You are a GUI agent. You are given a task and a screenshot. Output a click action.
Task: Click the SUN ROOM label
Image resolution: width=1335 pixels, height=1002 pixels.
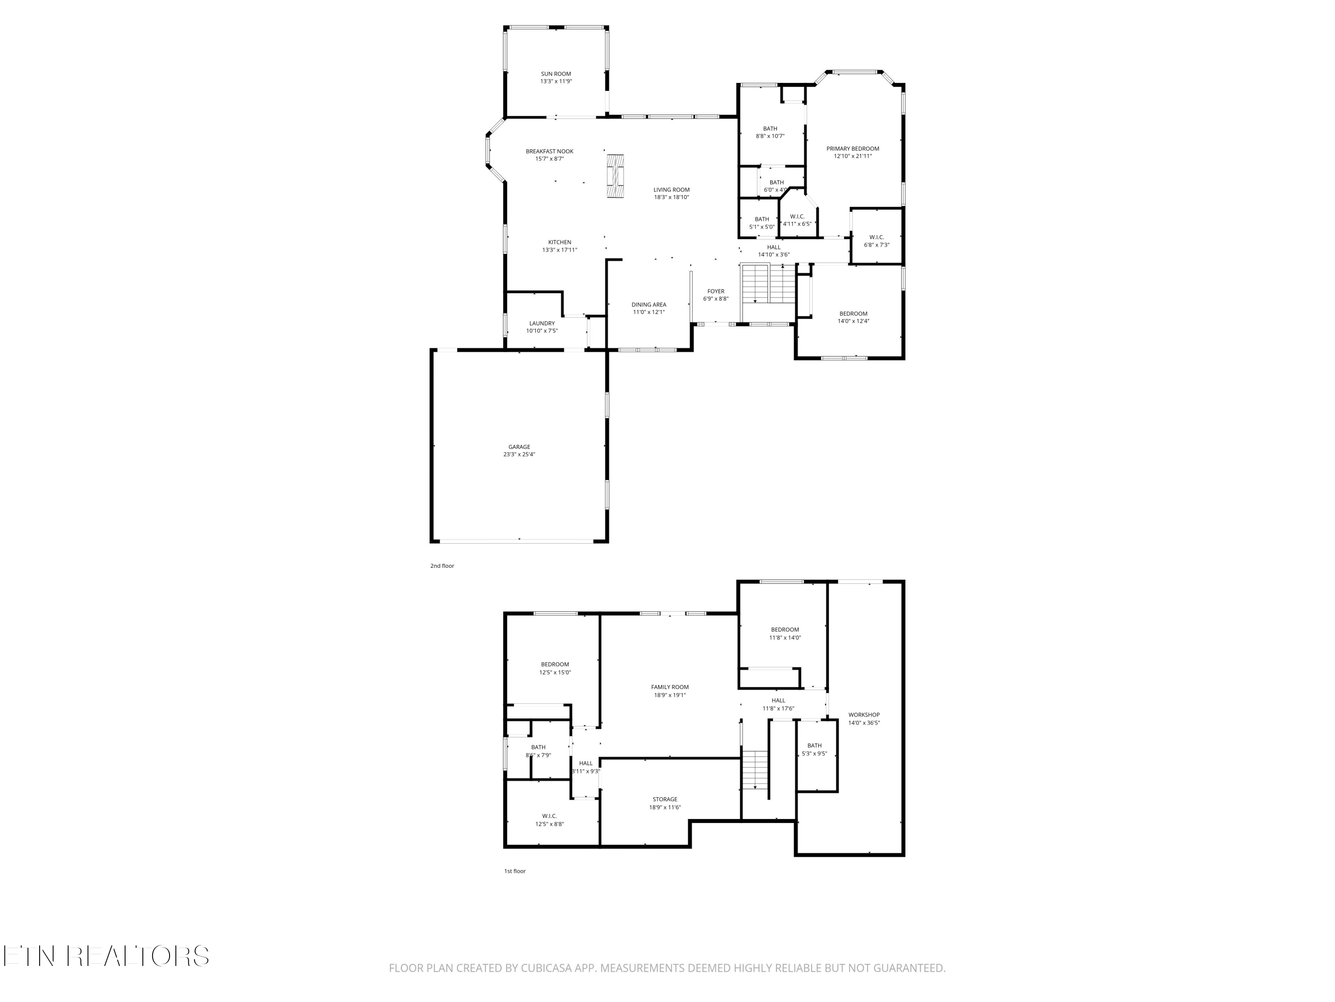pyautogui.click(x=556, y=73)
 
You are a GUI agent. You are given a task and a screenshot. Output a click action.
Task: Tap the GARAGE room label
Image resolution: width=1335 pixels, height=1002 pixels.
pyautogui.click(x=519, y=447)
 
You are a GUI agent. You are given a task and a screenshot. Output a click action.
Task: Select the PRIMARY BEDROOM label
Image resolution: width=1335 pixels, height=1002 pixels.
pyautogui.click(x=853, y=149)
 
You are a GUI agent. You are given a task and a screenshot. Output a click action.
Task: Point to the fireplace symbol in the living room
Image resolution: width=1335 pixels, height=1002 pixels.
pyautogui.click(x=615, y=176)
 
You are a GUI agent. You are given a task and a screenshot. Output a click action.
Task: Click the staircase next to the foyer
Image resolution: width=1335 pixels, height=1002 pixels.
pyautogui.click(x=768, y=283)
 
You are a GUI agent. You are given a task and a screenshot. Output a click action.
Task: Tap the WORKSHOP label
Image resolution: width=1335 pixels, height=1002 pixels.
pyautogui.click(x=864, y=714)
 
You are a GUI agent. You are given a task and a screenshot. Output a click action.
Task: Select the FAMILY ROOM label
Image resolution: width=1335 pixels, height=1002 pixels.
pyautogui.click(x=670, y=687)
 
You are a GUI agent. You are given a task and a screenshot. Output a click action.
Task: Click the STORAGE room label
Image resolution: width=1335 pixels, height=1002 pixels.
pyautogui.click(x=665, y=799)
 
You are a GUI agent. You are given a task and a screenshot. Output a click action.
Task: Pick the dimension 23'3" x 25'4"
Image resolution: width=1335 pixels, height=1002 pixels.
pyautogui.click(x=519, y=454)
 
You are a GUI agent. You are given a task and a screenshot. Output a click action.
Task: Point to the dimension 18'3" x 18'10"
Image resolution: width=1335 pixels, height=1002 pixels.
pyautogui.click(x=671, y=197)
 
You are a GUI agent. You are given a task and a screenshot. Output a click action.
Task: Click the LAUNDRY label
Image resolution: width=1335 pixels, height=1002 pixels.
pyautogui.click(x=542, y=323)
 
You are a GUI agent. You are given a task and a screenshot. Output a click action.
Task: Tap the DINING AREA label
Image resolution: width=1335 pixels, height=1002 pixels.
pyautogui.click(x=649, y=305)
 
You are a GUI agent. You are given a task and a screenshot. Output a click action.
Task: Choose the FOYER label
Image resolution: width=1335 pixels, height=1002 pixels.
pyautogui.click(x=716, y=291)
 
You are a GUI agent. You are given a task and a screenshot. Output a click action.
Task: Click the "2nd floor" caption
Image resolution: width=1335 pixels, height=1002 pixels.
pyautogui.click(x=442, y=566)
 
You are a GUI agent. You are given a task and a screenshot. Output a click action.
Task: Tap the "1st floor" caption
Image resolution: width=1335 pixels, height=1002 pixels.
pyautogui.click(x=515, y=871)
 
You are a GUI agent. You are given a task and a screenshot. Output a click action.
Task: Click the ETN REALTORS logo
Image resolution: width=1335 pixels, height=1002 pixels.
pyautogui.click(x=106, y=956)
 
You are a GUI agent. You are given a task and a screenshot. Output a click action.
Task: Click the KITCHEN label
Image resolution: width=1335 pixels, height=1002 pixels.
pyautogui.click(x=559, y=242)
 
